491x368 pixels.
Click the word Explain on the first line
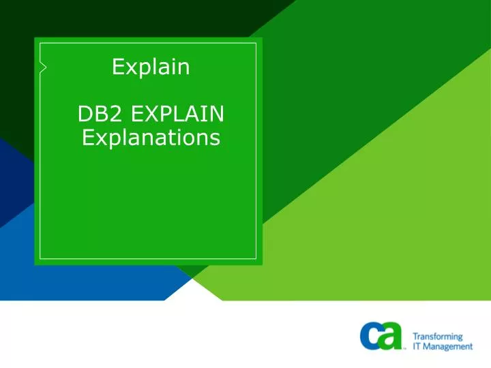151,67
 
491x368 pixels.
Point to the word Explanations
151,138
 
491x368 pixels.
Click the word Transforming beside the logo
438,337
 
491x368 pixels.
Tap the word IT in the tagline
417,346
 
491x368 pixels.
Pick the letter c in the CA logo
371,336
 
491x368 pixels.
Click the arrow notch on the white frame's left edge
43,67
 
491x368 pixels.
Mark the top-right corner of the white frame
256,43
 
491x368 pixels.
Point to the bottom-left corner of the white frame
40,258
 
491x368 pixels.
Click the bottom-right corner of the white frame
256,258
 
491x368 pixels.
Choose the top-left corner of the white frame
40,43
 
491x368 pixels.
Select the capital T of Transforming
415,337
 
